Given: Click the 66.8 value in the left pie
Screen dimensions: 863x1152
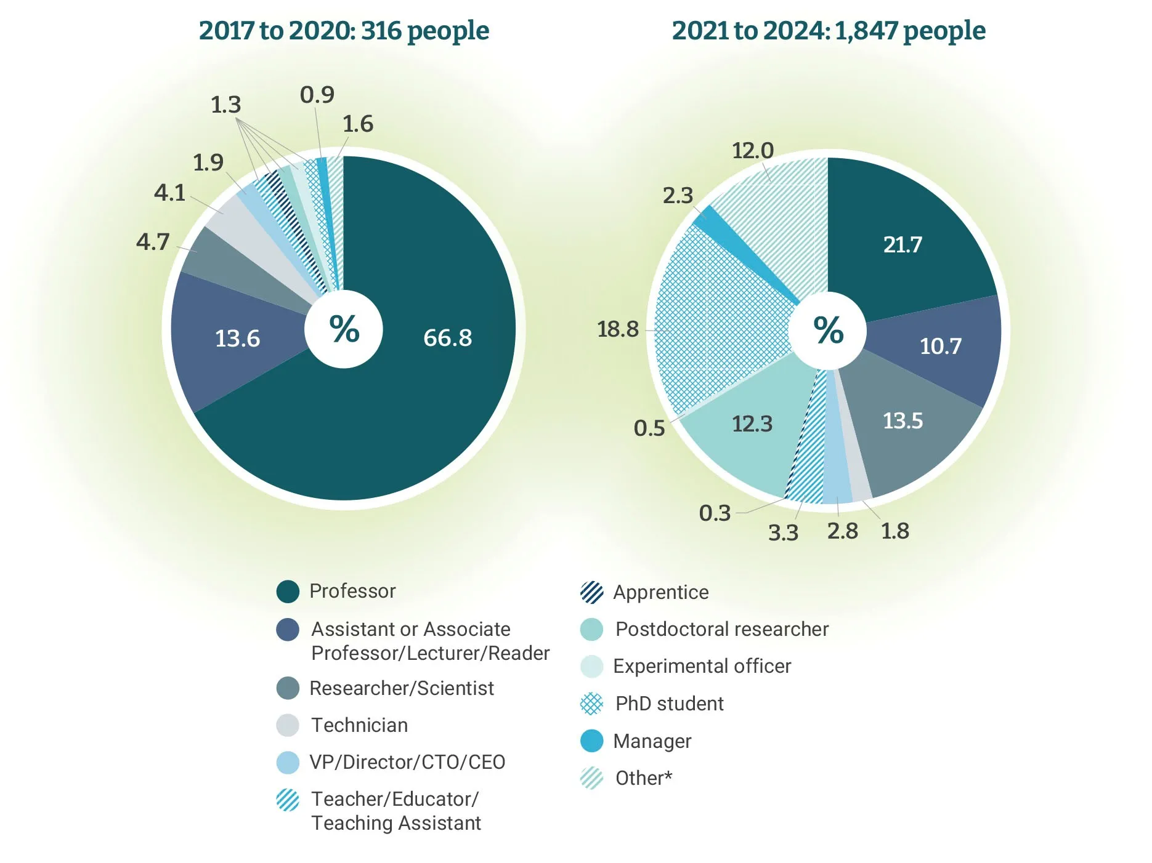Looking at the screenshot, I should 447,338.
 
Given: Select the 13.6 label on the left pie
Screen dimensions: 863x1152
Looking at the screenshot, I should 237,339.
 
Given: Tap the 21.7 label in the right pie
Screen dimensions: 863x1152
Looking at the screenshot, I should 903,244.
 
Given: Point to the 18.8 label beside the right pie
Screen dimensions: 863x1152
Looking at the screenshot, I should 617,329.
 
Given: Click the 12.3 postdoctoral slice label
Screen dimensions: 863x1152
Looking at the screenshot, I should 752,423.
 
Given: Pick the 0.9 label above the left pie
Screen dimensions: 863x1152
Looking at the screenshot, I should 317,95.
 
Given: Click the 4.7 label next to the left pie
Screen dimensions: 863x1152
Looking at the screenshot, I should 152,242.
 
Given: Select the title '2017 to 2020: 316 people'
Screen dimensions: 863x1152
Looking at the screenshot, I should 344,31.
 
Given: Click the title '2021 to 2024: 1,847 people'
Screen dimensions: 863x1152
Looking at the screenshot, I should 828,31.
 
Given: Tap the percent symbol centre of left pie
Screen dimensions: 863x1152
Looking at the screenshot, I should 344,329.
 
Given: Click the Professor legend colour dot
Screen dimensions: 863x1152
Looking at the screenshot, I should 288,592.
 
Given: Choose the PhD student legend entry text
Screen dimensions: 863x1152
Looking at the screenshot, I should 669,704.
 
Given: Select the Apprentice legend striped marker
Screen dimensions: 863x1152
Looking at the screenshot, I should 592,592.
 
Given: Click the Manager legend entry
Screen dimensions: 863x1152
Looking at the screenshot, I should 652,741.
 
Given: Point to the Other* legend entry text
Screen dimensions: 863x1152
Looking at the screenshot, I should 643,778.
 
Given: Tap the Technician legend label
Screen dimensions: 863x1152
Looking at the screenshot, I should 359,725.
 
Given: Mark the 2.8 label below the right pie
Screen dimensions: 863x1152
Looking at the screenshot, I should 842,531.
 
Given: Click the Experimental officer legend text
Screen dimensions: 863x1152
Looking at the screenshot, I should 702,666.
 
